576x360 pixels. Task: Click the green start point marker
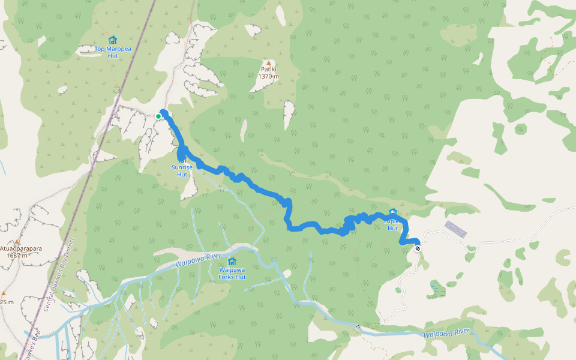click(x=158, y=116)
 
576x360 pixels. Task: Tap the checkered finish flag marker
click(x=417, y=248)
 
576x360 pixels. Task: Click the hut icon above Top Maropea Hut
click(x=112, y=40)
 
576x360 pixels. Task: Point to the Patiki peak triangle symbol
click(x=269, y=62)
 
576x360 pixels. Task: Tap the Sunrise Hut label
click(x=182, y=171)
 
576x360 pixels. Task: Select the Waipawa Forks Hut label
click(x=232, y=274)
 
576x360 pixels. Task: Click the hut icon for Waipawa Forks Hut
click(x=232, y=261)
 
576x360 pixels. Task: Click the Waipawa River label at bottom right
click(x=446, y=334)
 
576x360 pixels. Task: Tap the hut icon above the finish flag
click(x=392, y=212)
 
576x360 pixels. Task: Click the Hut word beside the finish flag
click(x=392, y=229)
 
